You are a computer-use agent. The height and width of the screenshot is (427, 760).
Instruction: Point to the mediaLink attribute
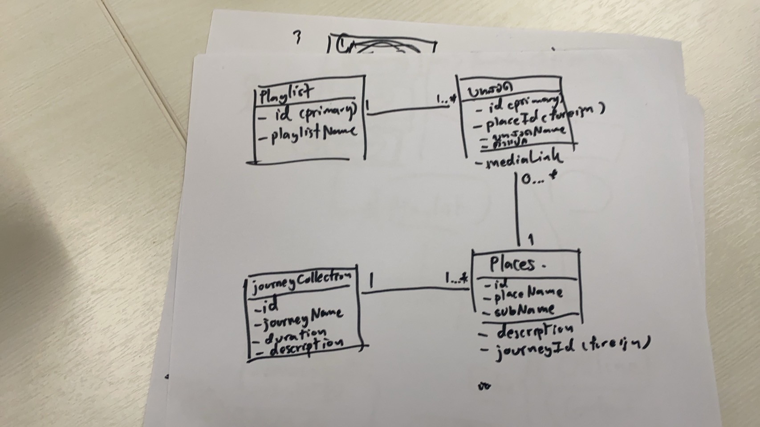[x=520, y=159]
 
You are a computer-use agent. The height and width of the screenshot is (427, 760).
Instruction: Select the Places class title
[x=512, y=264]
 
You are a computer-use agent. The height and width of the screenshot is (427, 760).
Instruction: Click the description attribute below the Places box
[x=528, y=330]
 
